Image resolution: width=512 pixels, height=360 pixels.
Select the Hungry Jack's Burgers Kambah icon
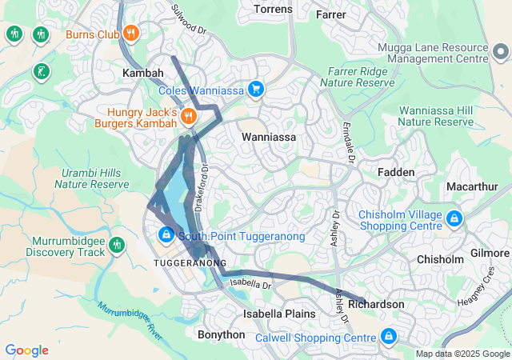point(188,116)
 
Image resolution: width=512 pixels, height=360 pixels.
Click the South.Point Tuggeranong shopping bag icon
point(166,235)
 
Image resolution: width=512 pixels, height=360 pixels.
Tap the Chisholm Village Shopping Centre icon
point(454,218)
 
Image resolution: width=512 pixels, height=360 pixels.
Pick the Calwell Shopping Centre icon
point(389,337)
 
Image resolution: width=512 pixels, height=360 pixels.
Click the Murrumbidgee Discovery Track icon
point(118,244)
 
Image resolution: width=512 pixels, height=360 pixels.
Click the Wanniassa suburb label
point(269,137)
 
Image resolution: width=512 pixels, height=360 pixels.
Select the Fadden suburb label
point(396,172)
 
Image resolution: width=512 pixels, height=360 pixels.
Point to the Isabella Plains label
point(279,314)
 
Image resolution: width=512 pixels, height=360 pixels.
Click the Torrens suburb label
point(273,10)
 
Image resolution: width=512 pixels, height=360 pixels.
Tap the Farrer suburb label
point(330,14)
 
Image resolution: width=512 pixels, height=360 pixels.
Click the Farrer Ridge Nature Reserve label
point(358,76)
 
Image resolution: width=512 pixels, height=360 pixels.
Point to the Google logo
point(26,350)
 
